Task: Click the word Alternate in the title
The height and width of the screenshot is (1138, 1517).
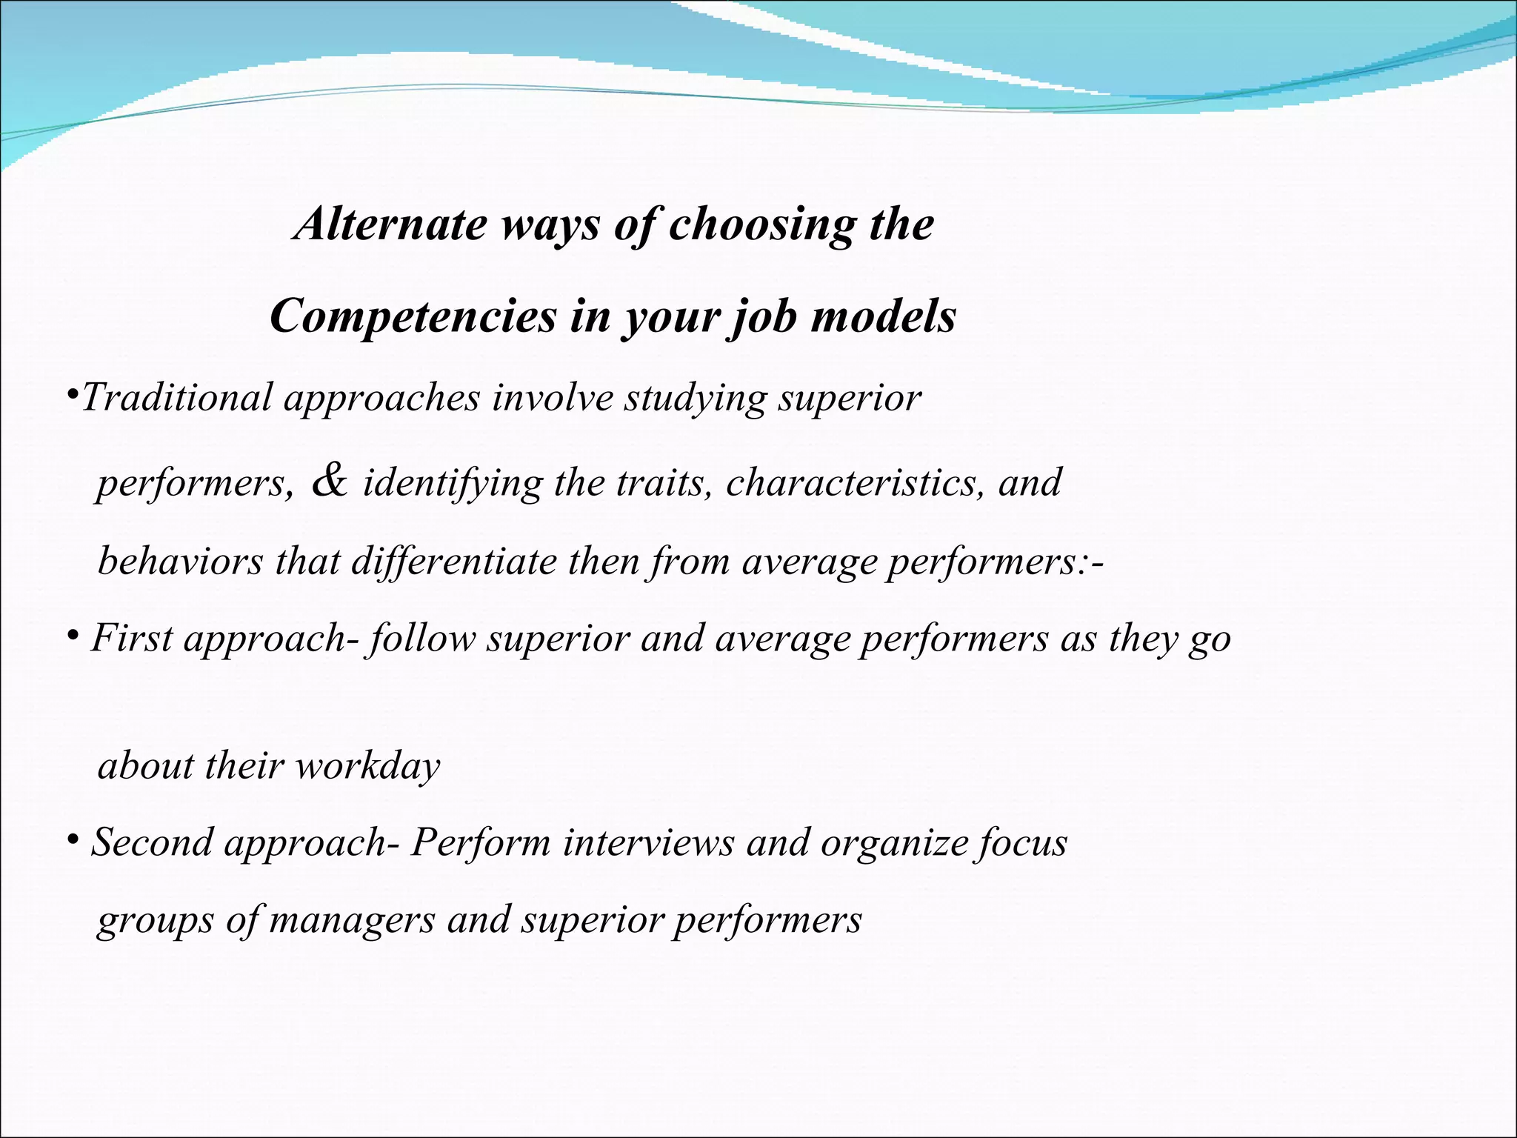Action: tap(390, 224)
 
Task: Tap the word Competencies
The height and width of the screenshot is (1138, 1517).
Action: tap(413, 316)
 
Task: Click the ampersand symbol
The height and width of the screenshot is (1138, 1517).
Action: tap(330, 481)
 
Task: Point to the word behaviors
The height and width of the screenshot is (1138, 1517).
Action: tap(180, 560)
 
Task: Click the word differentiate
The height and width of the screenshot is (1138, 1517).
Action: tap(453, 561)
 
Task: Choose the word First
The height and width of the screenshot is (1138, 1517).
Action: tap(132, 638)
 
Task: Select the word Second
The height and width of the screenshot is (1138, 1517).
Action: tap(151, 842)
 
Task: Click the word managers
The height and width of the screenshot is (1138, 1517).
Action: tap(352, 920)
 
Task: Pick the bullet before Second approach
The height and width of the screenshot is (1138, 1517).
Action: tap(73, 839)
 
